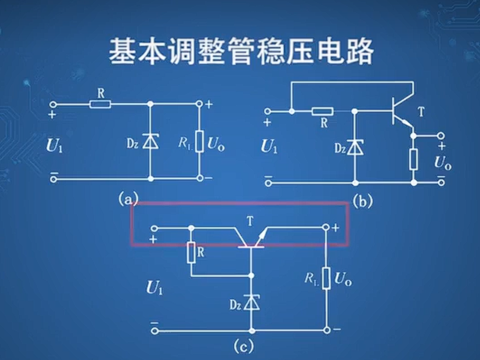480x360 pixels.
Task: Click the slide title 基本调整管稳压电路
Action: tap(241, 51)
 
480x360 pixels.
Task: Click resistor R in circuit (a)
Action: tap(100, 104)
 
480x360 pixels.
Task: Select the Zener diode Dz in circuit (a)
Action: tap(150, 141)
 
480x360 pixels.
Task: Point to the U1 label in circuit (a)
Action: tap(55, 146)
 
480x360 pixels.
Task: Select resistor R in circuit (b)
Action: tap(322, 111)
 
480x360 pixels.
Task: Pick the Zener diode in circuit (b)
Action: tap(355, 147)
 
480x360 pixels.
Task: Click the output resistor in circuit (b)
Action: tap(413, 159)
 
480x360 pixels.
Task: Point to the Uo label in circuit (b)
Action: tap(443, 163)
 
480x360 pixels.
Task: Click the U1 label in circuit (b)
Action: tap(269, 147)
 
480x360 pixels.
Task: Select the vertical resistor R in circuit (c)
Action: tap(191, 253)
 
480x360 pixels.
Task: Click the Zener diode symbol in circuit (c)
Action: tap(252, 303)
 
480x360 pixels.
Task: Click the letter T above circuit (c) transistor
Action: tap(250, 220)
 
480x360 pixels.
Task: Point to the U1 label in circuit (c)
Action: tap(154, 288)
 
